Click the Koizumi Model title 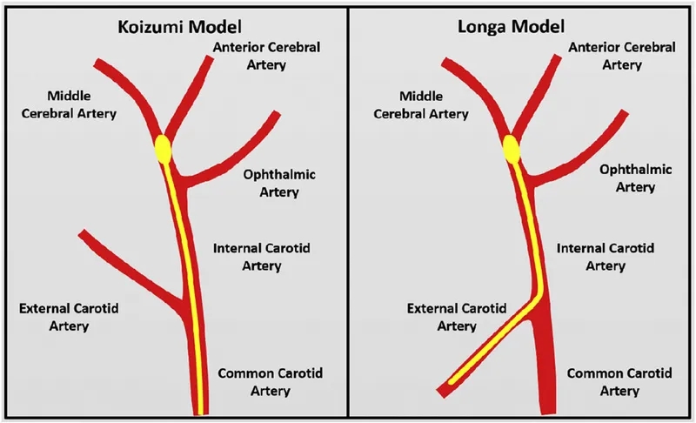(x=173, y=25)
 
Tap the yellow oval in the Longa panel (x=512, y=151)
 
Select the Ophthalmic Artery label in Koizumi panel (x=280, y=183)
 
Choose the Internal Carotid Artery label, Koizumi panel (x=261, y=258)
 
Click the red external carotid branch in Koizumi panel (x=130, y=267)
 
